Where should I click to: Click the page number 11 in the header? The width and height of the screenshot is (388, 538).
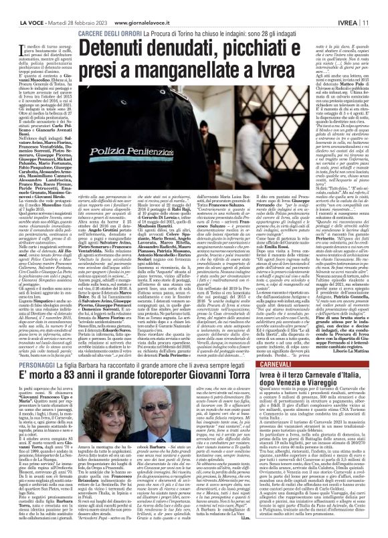(x=378, y=7)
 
